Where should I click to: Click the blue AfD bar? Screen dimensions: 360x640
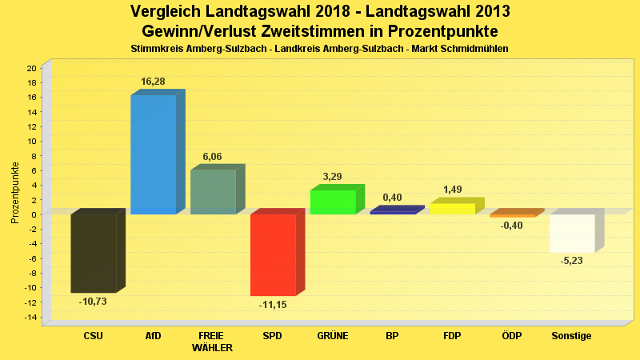[153, 154]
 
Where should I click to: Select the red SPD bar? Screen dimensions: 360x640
[273, 254]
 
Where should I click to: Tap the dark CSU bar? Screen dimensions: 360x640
[93, 253]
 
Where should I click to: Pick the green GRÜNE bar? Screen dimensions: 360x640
[332, 202]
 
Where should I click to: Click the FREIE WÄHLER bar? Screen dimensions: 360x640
[213, 192]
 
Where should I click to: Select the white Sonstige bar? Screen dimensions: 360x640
[572, 233]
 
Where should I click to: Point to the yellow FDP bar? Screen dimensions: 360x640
[452, 209]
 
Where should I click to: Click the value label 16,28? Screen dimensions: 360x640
[153, 82]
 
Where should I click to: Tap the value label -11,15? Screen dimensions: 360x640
[272, 305]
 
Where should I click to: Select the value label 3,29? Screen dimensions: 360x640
[333, 176]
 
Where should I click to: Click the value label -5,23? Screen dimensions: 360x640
[572, 261]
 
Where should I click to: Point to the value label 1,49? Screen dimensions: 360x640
[453, 190]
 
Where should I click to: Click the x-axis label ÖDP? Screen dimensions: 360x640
[511, 336]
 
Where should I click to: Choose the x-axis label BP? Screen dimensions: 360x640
[392, 336]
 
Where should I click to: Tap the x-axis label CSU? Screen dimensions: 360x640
[93, 336]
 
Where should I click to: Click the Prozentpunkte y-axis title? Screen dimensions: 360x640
[15, 193]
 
